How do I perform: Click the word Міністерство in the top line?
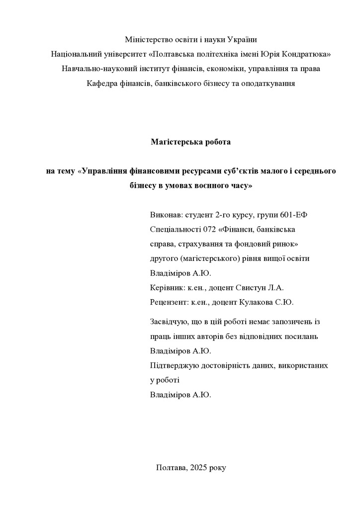tap(148, 39)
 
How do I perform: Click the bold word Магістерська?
tap(173, 142)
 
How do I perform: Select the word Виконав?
tap(165, 215)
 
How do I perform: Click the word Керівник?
tap(167, 287)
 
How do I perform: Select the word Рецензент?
tap(168, 302)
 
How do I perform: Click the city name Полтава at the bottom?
tap(171, 468)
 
